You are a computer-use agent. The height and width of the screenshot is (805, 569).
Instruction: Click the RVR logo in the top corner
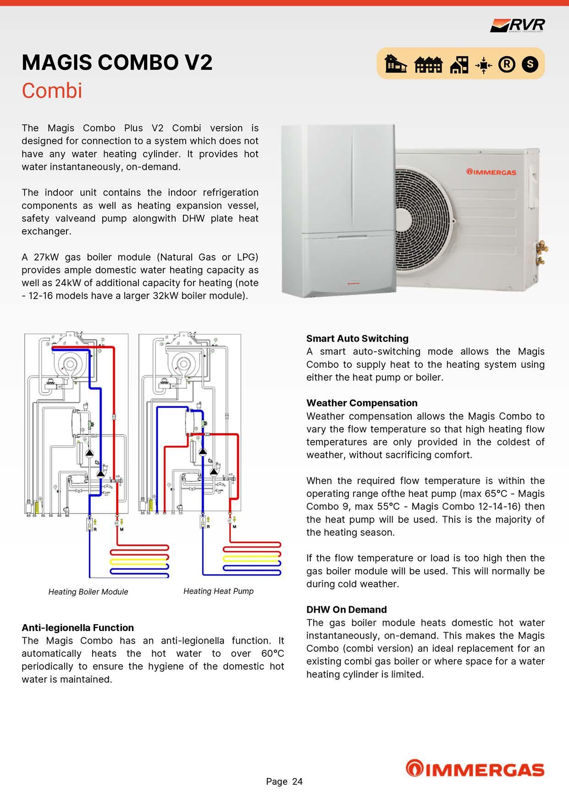tap(517, 25)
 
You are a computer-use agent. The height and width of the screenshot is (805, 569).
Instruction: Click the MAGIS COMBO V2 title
tap(117, 62)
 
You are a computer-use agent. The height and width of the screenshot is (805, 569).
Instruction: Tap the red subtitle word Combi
tap(52, 90)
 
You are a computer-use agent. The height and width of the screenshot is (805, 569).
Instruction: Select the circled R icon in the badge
tap(507, 64)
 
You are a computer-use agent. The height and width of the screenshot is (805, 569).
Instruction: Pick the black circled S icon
tap(530, 64)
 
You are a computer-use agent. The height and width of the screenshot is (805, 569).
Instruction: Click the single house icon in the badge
tap(396, 64)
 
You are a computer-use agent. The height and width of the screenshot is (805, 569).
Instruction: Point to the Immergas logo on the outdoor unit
tap(491, 172)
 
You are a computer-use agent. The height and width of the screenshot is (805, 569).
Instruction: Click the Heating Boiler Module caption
tap(88, 592)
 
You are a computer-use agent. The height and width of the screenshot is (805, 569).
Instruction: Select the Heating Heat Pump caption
tap(218, 591)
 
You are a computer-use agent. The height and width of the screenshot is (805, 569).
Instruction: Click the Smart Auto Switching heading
tap(357, 339)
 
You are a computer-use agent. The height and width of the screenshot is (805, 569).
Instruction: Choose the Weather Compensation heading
tap(362, 403)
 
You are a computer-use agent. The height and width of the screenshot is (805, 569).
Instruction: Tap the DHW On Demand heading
tap(346, 610)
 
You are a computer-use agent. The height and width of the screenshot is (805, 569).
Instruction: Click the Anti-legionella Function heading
tap(77, 627)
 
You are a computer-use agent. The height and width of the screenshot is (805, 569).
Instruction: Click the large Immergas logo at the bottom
tap(475, 769)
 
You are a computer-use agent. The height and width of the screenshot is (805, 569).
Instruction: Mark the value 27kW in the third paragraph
tap(44, 257)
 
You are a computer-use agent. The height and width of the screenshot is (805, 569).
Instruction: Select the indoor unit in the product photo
tap(338, 211)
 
